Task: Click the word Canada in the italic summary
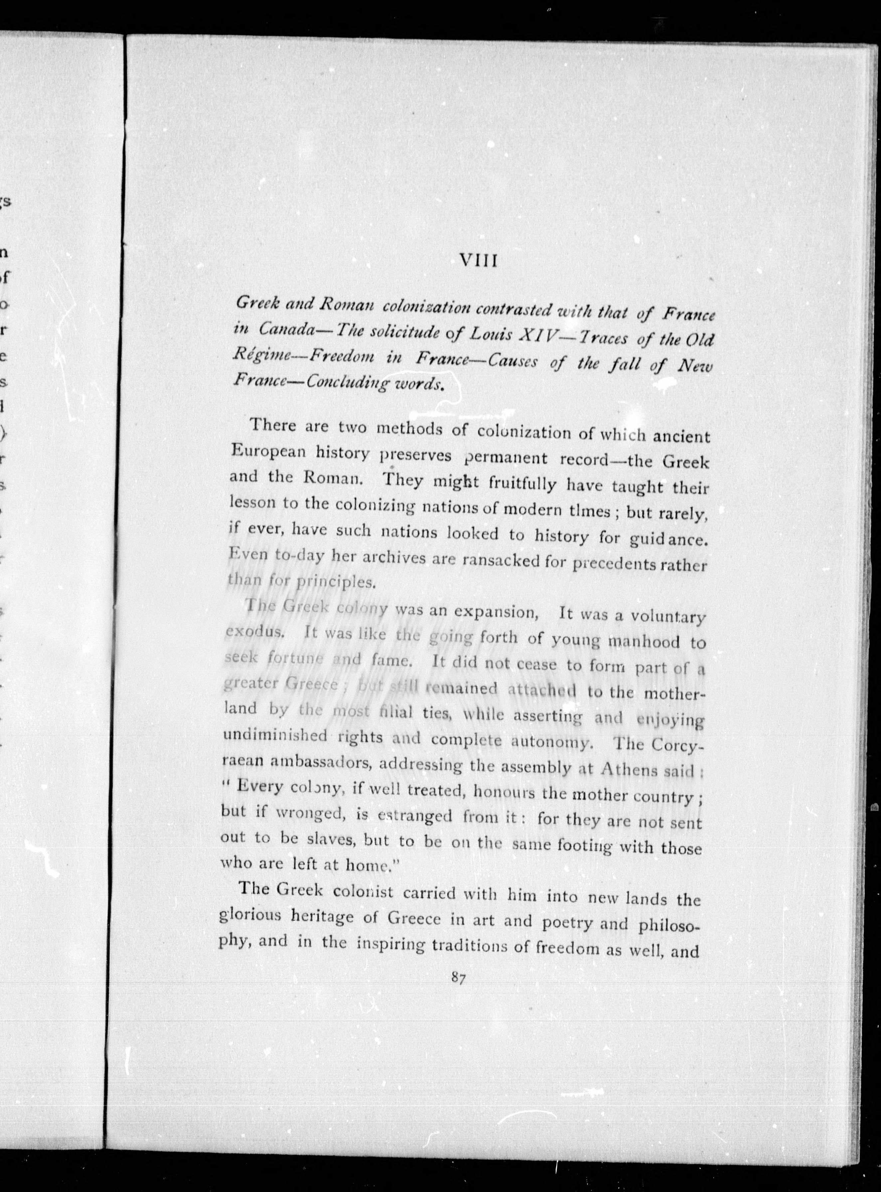tap(285, 329)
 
